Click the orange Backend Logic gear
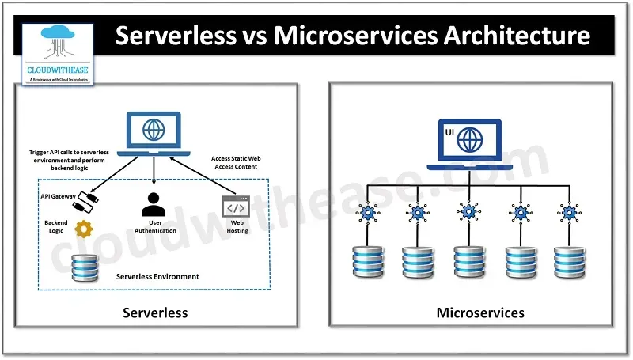(x=82, y=230)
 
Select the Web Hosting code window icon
(x=236, y=207)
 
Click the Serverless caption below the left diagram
(x=155, y=313)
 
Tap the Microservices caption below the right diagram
(x=480, y=313)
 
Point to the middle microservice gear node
(x=468, y=213)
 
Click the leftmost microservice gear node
(x=368, y=213)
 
